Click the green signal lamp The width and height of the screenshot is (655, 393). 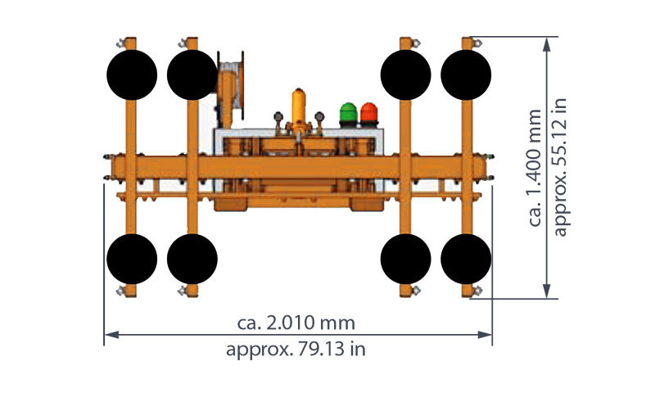[348, 115]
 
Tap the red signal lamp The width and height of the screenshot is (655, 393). [369, 115]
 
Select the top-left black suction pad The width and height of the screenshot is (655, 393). [132, 75]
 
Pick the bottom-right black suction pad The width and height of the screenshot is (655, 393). [466, 259]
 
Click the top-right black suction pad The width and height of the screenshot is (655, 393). [466, 75]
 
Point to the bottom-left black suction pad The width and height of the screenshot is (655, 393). [132, 259]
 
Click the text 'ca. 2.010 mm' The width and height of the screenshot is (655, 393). [296, 323]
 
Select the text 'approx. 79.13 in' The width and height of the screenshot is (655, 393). [296, 349]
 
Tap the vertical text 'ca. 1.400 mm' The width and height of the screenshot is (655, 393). [535, 168]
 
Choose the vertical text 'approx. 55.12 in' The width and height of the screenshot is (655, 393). [560, 167]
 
